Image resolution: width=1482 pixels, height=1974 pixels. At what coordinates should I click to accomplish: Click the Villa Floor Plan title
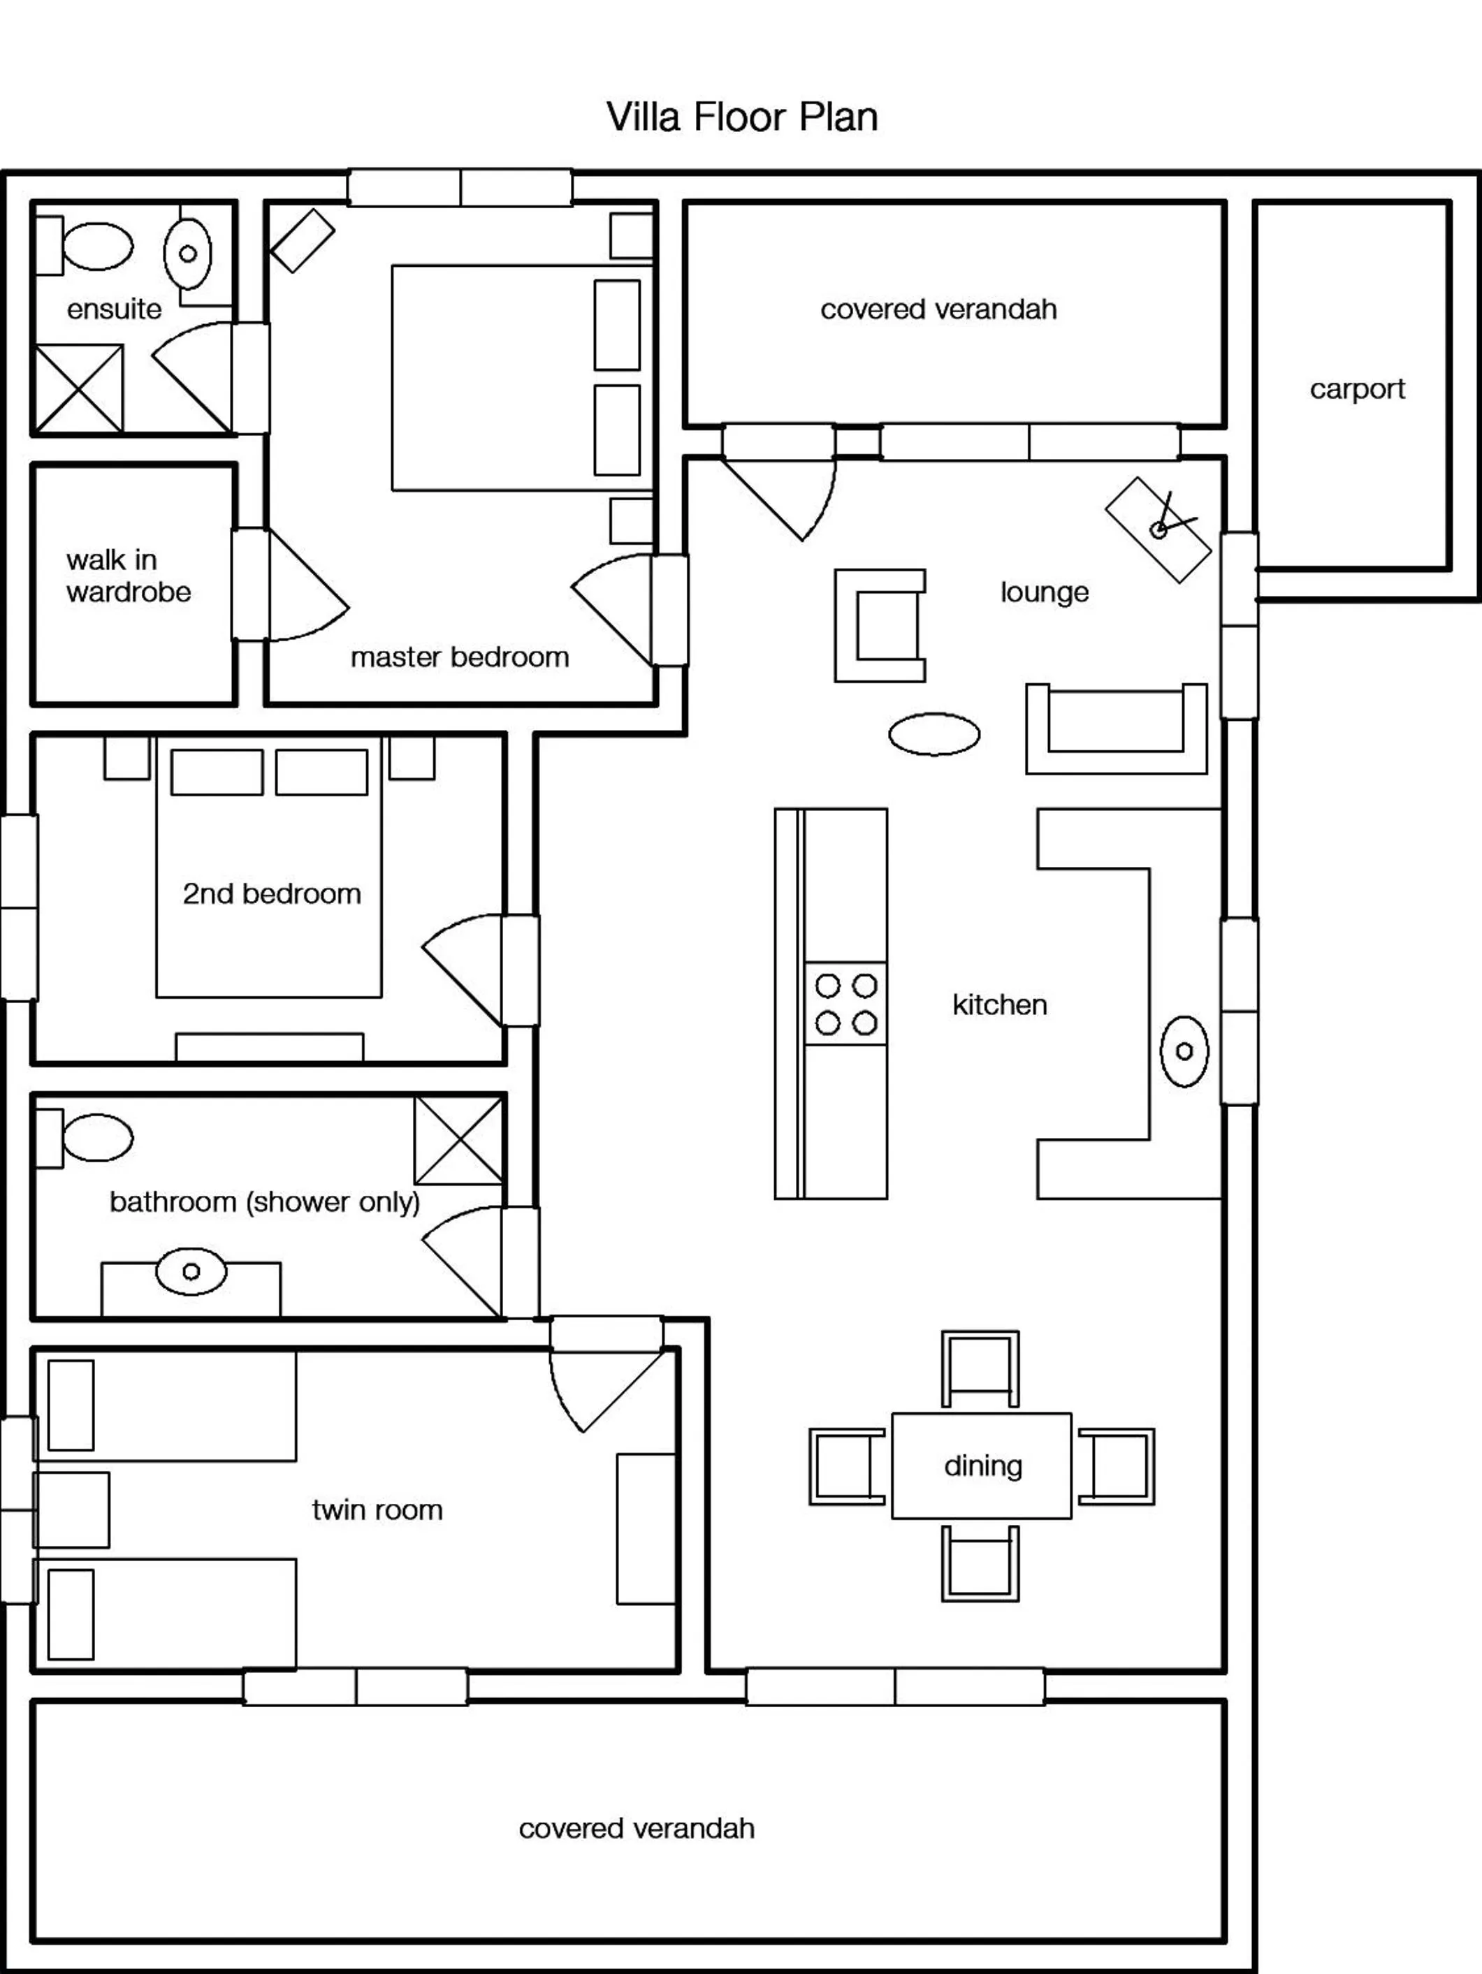coord(741,117)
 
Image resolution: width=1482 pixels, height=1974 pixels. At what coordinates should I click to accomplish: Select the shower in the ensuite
coord(78,388)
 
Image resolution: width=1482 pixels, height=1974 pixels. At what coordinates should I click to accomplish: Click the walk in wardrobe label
coord(128,576)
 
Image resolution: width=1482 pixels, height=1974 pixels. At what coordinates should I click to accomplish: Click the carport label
coord(1356,389)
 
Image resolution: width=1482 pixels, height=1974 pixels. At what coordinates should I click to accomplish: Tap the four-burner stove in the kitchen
coord(845,1004)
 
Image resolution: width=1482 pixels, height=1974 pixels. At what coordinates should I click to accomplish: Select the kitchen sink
coord(1184,1051)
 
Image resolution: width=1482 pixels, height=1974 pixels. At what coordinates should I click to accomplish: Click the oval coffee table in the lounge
coord(933,734)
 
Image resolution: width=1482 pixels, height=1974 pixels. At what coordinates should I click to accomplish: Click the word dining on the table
coord(982,1465)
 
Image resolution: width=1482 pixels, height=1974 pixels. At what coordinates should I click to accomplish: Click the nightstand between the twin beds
coord(72,1510)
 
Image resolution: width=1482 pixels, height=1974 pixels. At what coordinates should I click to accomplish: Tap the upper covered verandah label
coord(938,309)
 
